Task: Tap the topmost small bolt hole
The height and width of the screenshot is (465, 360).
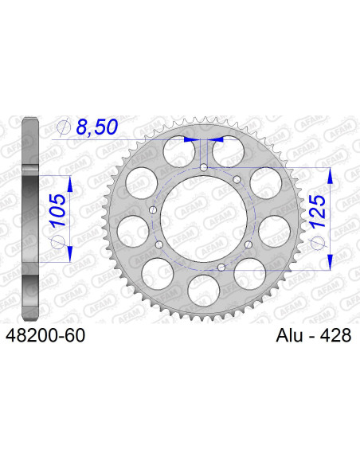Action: (204, 168)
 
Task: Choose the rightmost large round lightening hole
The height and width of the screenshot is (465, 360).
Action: (274, 232)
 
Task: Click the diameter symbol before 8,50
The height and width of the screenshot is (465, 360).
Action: (65, 127)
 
